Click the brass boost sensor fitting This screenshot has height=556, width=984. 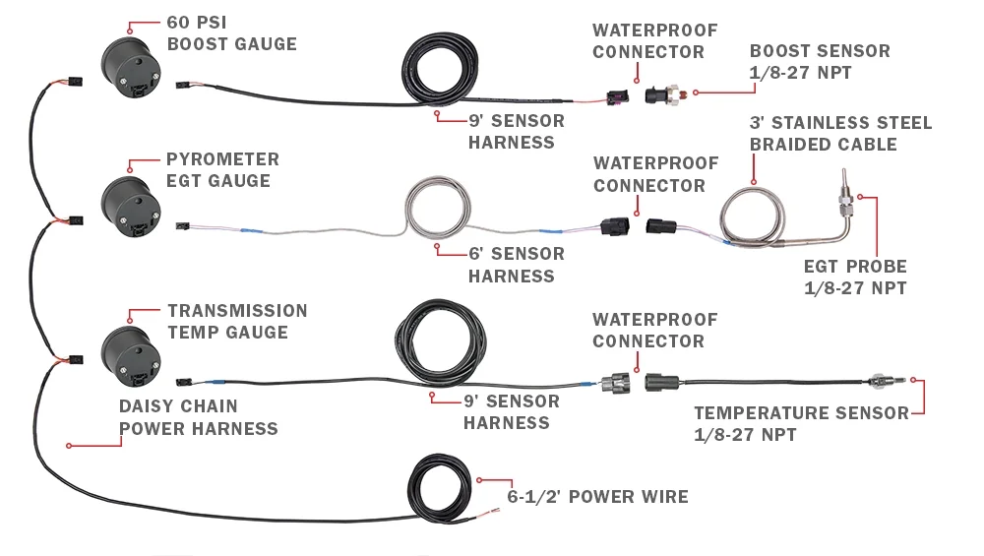[x=679, y=93]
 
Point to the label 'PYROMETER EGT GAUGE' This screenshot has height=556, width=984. [x=222, y=169]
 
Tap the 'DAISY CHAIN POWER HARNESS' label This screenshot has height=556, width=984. [x=198, y=417]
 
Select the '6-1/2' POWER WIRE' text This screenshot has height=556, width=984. [x=597, y=497]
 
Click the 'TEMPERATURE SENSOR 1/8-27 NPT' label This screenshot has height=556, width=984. [x=801, y=424]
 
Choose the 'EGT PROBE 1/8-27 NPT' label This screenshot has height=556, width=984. [x=855, y=278]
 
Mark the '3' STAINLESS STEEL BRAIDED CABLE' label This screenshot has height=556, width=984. [x=840, y=134]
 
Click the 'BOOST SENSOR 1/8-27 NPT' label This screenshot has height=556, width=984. [x=820, y=61]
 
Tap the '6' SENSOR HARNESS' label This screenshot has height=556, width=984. [x=516, y=265]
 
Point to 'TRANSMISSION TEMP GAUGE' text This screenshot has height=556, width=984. [x=236, y=322]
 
